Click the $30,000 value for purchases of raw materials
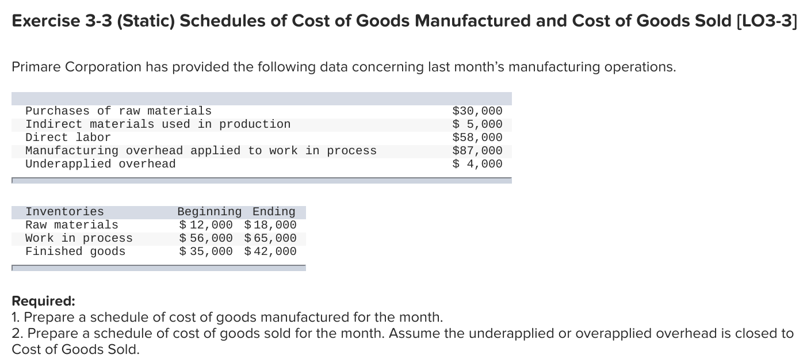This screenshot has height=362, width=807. (477, 110)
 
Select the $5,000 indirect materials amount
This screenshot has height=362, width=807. (477, 124)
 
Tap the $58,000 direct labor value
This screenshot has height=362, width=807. (477, 137)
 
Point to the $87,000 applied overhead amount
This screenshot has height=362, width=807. (477, 150)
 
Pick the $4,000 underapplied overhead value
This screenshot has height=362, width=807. (477, 163)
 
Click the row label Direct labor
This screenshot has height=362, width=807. (68, 137)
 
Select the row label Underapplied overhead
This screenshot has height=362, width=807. (100, 163)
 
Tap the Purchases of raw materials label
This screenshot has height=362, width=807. (118, 110)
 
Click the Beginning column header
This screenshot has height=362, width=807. (209, 211)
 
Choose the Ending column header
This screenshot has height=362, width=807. (274, 211)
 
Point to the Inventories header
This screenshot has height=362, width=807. (64, 211)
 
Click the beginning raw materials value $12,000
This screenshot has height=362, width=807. (206, 224)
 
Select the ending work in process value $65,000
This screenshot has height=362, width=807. (270, 238)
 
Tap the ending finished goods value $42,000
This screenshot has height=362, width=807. (270, 251)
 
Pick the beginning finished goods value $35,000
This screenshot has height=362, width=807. (206, 251)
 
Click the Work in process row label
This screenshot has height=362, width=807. (79, 238)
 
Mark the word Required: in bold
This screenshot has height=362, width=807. (43, 301)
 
